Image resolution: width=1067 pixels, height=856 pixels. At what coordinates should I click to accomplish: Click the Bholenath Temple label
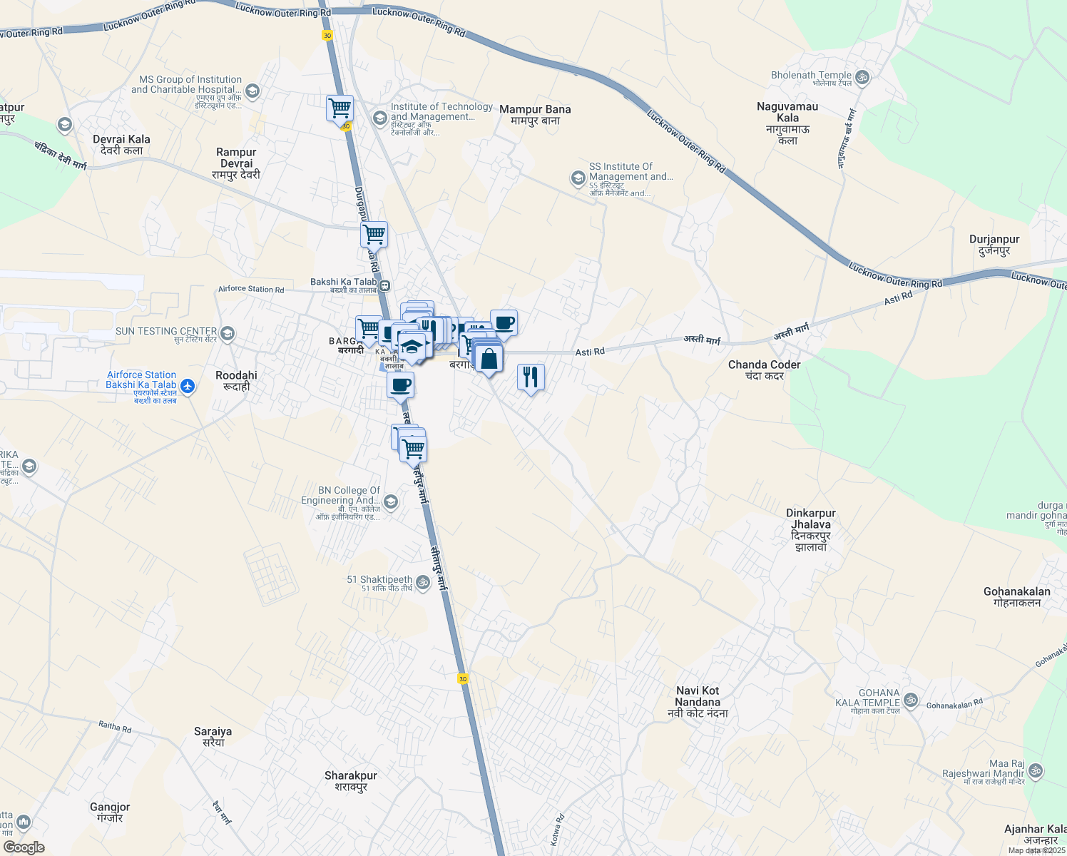point(812,76)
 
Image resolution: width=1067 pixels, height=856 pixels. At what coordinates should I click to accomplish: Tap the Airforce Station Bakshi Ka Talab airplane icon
point(188,386)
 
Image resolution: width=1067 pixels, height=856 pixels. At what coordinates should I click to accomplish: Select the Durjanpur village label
point(994,245)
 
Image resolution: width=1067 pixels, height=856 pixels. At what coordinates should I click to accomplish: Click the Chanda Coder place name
point(764,370)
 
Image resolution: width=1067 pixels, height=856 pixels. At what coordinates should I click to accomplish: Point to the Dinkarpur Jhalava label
point(810,529)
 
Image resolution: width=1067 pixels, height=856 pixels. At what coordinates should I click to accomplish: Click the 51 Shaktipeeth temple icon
point(423,582)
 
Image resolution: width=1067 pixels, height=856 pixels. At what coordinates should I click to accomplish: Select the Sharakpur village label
point(350,780)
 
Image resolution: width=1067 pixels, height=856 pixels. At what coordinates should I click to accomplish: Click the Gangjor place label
point(110,812)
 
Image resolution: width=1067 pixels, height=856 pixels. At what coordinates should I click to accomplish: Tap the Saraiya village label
point(213,736)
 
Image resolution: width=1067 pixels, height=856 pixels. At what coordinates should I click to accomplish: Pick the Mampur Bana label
point(535,114)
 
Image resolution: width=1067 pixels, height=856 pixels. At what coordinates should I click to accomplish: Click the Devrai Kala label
point(121,144)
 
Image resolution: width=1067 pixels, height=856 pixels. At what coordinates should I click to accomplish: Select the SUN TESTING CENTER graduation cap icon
point(227,333)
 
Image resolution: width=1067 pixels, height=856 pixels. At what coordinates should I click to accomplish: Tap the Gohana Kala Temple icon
point(910,700)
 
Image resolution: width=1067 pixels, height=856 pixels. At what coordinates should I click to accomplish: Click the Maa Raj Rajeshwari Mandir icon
point(1036,770)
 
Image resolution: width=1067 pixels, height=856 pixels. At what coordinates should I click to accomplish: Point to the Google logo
point(24,847)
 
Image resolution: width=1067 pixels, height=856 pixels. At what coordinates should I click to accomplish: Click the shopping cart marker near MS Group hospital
point(339,109)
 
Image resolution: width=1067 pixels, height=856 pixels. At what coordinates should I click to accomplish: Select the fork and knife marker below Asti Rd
point(530,377)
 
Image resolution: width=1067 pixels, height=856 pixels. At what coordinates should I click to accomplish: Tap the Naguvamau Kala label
point(787,123)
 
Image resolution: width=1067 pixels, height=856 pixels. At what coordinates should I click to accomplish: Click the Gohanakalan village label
point(1016,596)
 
